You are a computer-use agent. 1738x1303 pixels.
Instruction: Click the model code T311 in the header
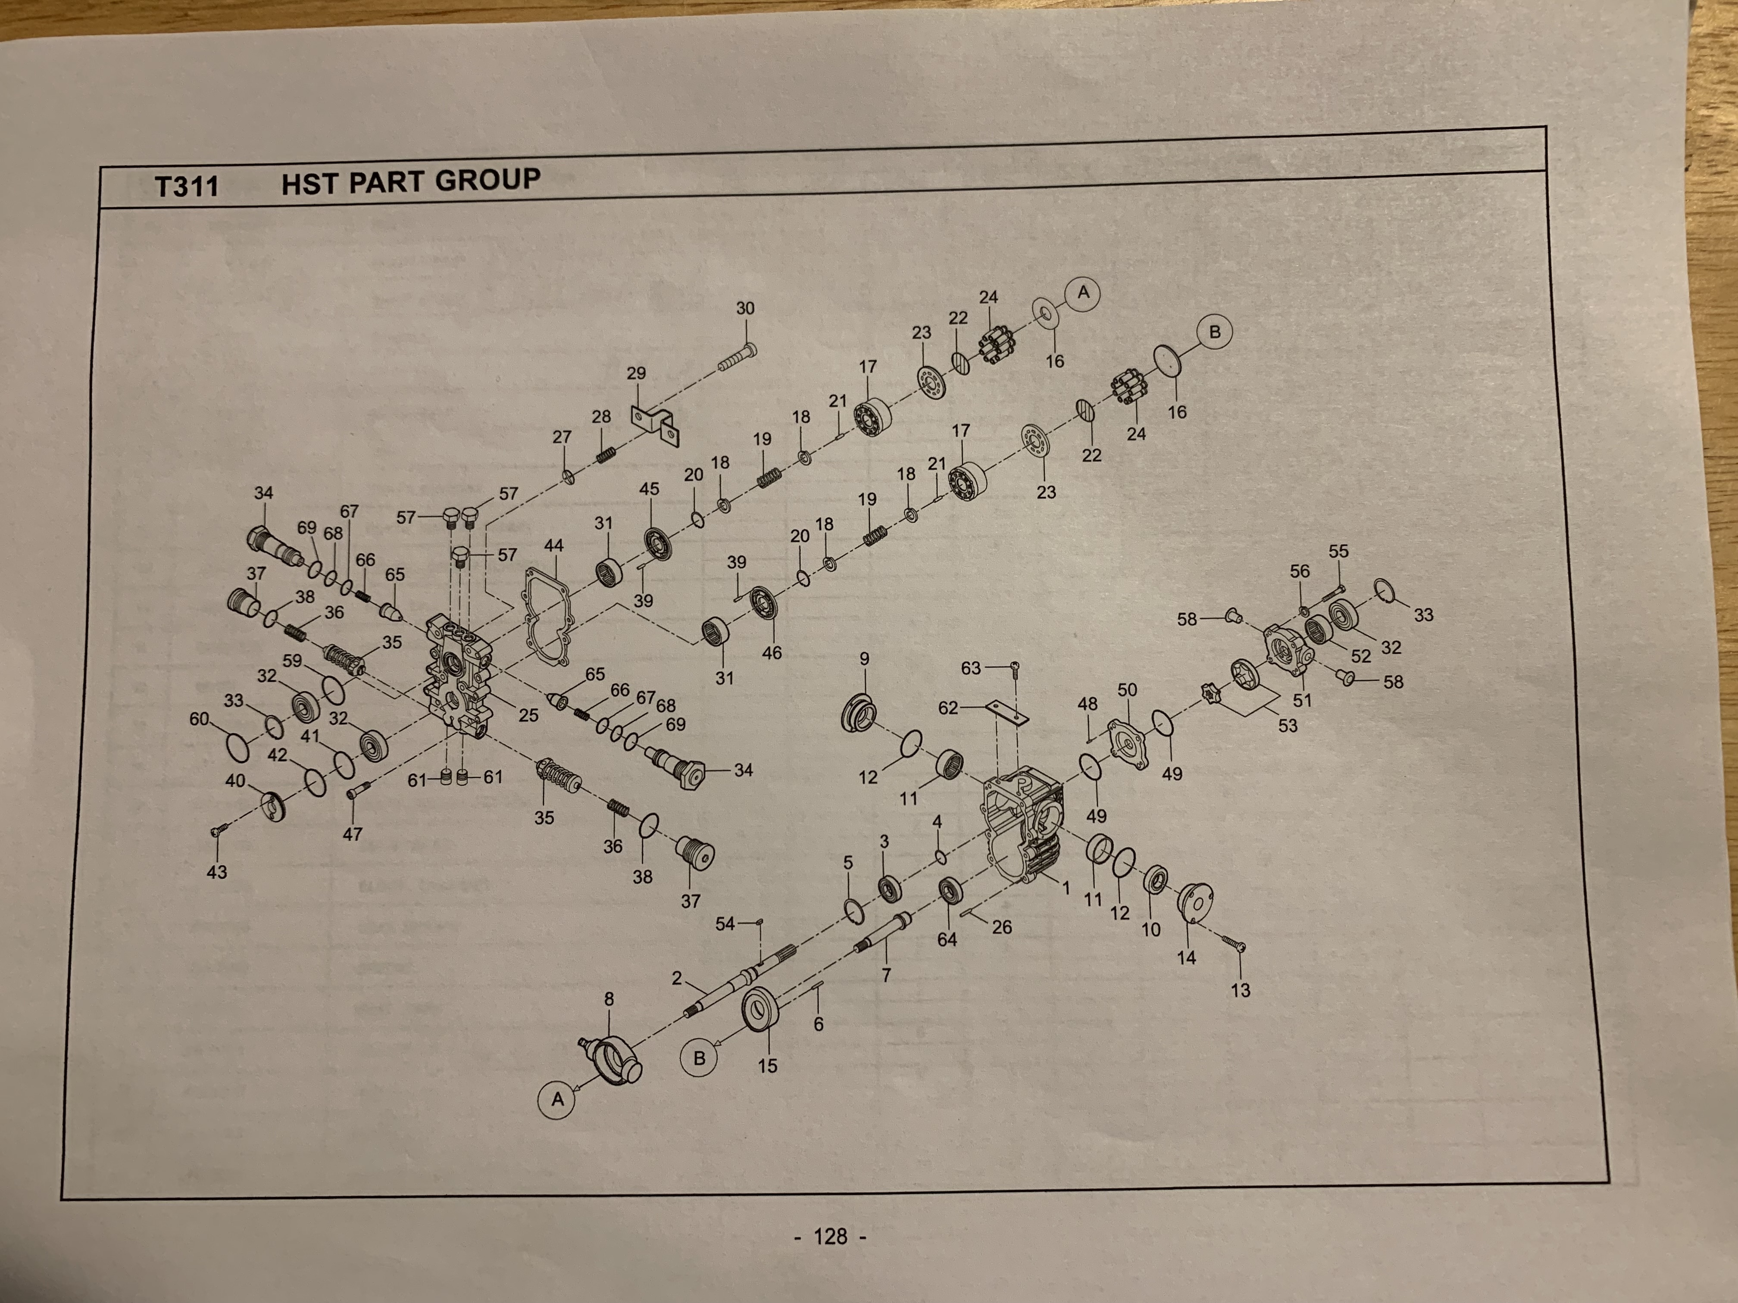(186, 186)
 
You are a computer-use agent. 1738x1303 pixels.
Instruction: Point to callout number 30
(745, 309)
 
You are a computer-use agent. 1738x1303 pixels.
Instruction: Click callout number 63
(971, 667)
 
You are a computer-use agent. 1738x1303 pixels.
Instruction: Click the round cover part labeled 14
(1195, 903)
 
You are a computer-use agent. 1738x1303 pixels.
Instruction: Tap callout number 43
(217, 872)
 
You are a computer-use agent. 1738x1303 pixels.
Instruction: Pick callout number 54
(725, 924)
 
